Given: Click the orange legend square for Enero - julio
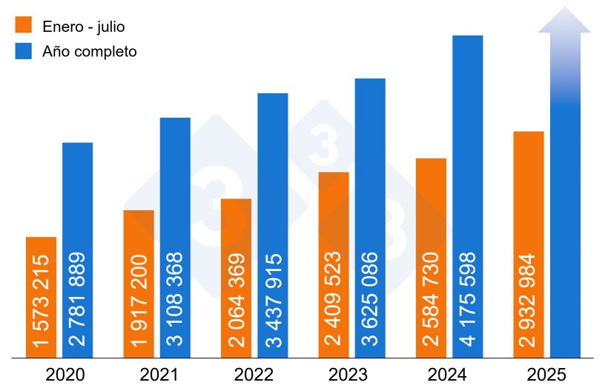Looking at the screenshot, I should click(24, 26).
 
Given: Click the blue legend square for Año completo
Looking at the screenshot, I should click(24, 52).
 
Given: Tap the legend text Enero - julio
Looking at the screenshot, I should click(83, 27).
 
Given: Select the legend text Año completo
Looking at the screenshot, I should click(90, 52).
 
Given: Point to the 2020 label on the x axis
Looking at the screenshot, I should click(65, 374).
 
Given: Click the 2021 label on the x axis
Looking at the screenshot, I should click(157, 374).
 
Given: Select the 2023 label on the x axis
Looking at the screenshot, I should click(351, 374).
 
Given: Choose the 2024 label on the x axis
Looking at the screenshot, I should click(449, 374).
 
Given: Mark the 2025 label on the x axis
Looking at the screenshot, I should click(546, 374).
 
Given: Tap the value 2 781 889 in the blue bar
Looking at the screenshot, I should click(78, 300).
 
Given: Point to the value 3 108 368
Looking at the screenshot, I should click(176, 300).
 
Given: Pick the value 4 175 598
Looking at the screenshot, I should click(468, 300).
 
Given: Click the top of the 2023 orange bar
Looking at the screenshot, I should click(334, 174).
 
